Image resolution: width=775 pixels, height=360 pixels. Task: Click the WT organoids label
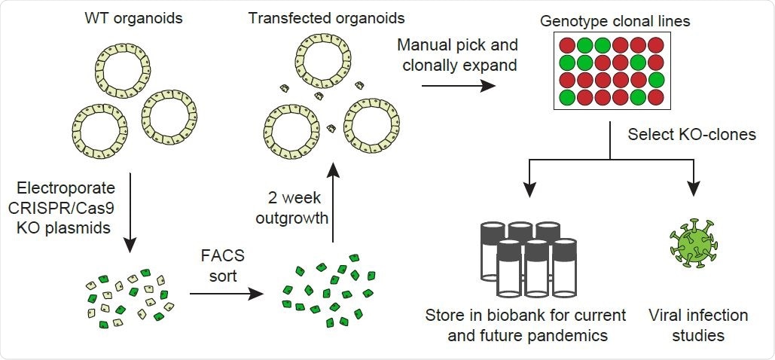click(x=121, y=15)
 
